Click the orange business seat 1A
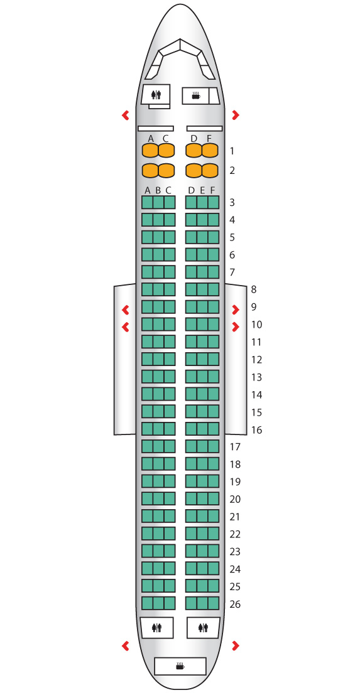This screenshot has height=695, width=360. pos(150,151)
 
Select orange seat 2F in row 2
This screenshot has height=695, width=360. pos(210,170)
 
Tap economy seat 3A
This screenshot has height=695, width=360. pos(147,202)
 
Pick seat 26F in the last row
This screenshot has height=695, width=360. pos(213,603)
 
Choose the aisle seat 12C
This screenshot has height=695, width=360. pos(170,360)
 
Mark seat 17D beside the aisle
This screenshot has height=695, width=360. pos(191,446)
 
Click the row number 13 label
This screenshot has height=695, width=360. pos(257,377)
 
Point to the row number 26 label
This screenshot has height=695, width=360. pos(236,604)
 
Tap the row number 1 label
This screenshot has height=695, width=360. pos(232,151)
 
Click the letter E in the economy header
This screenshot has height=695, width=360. pos(202,191)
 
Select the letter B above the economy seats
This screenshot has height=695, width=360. pos(158,191)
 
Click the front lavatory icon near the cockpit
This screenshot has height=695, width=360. pos(156,95)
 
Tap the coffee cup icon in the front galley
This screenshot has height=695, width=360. pos(195,95)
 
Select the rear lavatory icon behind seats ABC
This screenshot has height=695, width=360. pos(156,628)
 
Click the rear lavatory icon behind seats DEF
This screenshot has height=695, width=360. pos(203,628)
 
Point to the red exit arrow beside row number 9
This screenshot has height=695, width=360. pos(236,310)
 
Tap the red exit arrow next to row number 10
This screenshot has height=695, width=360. pos(236,327)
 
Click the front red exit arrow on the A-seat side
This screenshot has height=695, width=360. pos(126,116)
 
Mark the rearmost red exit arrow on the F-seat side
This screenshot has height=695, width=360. pos(236,645)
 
